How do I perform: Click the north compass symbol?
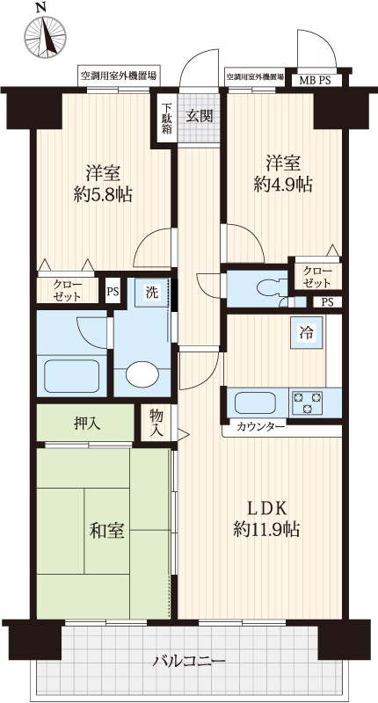coord(45,36)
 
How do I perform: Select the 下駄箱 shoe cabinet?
coord(166,119)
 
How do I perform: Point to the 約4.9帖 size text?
coord(283,184)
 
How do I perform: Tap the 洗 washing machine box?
coord(152,294)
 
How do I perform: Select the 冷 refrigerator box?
coord(307,333)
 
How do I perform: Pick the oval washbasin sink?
coord(142,374)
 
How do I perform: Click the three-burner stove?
coord(307,402)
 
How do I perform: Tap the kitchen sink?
coord(255,402)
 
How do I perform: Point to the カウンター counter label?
coord(260,426)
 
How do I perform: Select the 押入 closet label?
coord(87,423)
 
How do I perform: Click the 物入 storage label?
coord(156,423)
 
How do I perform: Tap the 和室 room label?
coord(106,532)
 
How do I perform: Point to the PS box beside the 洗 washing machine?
coord(113,292)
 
